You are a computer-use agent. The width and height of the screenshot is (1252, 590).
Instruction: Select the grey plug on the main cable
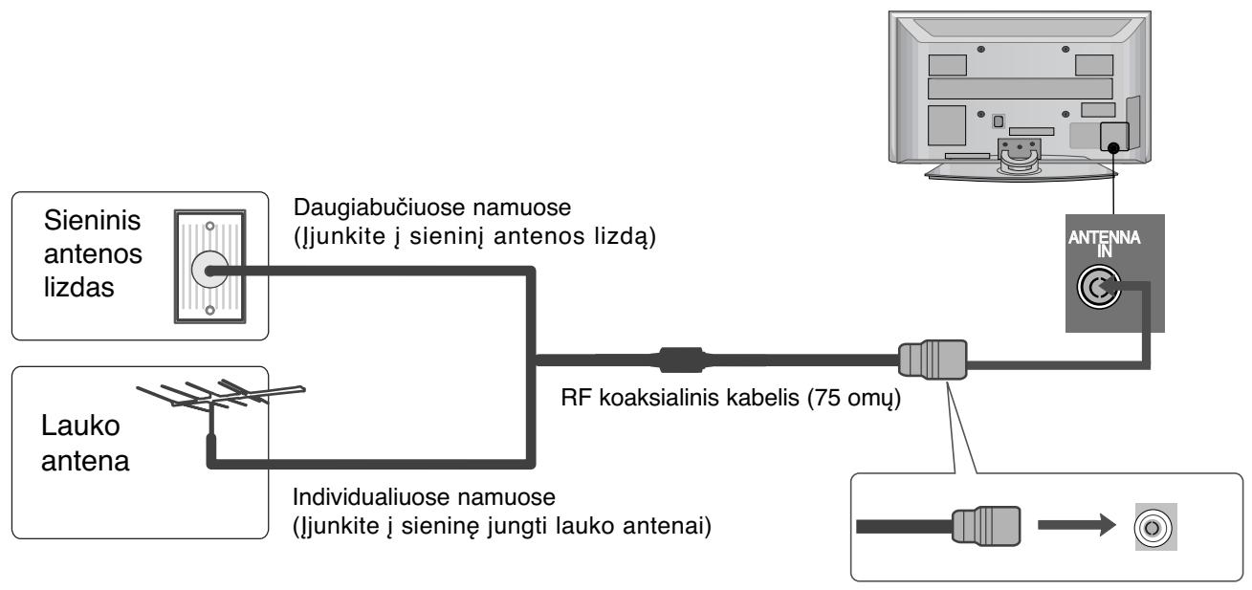coord(933,363)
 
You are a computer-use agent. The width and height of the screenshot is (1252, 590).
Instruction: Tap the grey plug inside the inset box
coord(985,525)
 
